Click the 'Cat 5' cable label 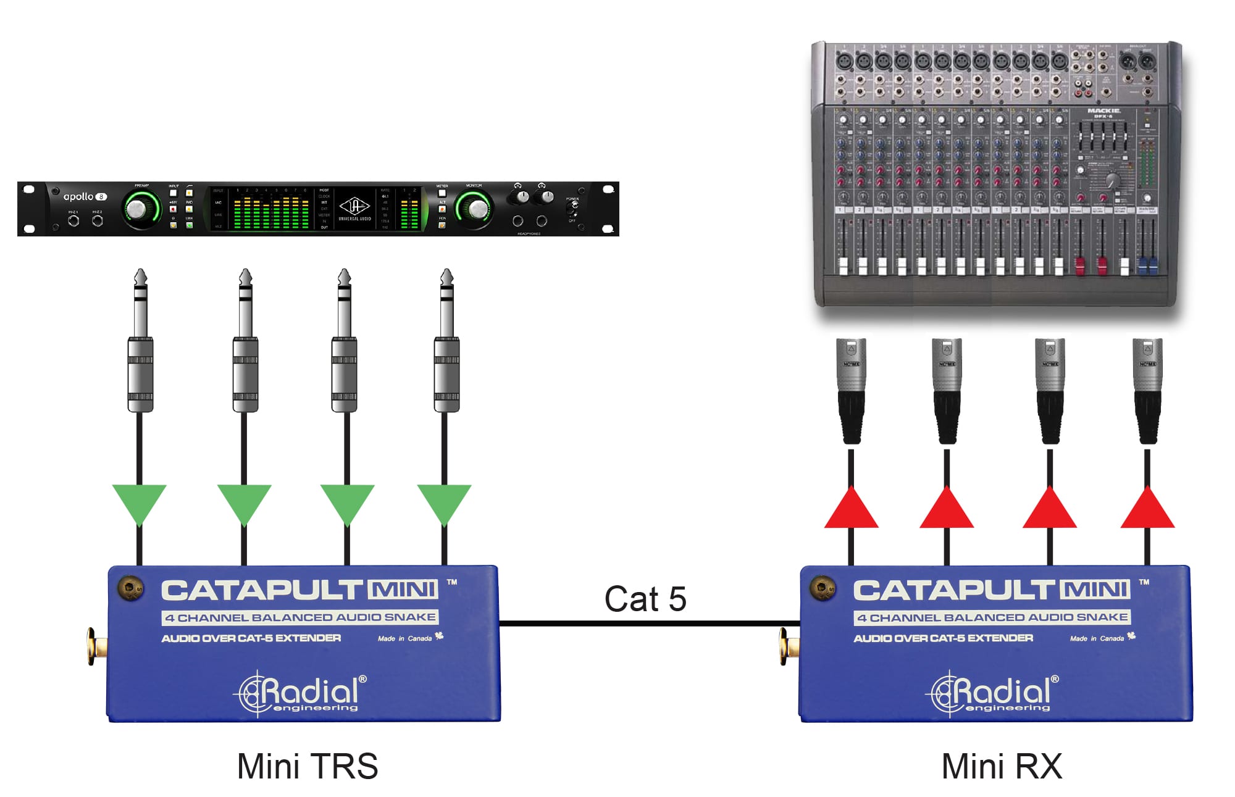(645, 599)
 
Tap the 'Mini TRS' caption (307, 766)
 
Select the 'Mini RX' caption (1002, 766)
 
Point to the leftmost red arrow (851, 509)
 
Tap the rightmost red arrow (1147, 509)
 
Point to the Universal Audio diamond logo (354, 206)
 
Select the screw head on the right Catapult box (823, 588)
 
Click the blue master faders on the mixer (1147, 265)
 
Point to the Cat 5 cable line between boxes (648, 624)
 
